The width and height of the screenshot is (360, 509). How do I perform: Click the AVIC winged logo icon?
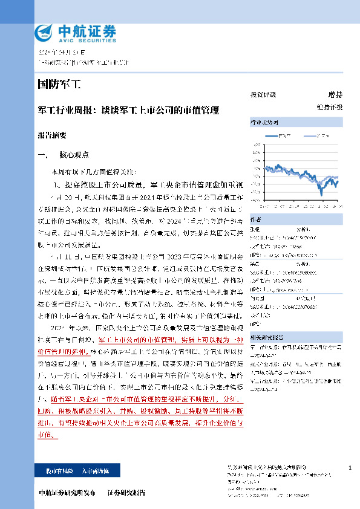point(44,32)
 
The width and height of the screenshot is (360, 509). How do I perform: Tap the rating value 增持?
point(335,95)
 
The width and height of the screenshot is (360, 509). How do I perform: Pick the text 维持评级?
point(329,107)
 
